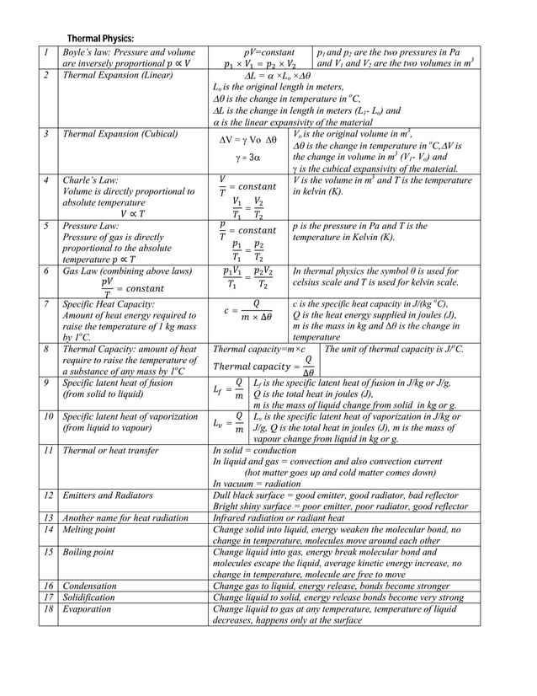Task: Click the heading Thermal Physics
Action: click(100, 39)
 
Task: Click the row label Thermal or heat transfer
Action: click(110, 451)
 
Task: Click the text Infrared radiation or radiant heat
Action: click(279, 517)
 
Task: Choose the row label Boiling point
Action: click(88, 552)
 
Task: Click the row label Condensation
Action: click(90, 586)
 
